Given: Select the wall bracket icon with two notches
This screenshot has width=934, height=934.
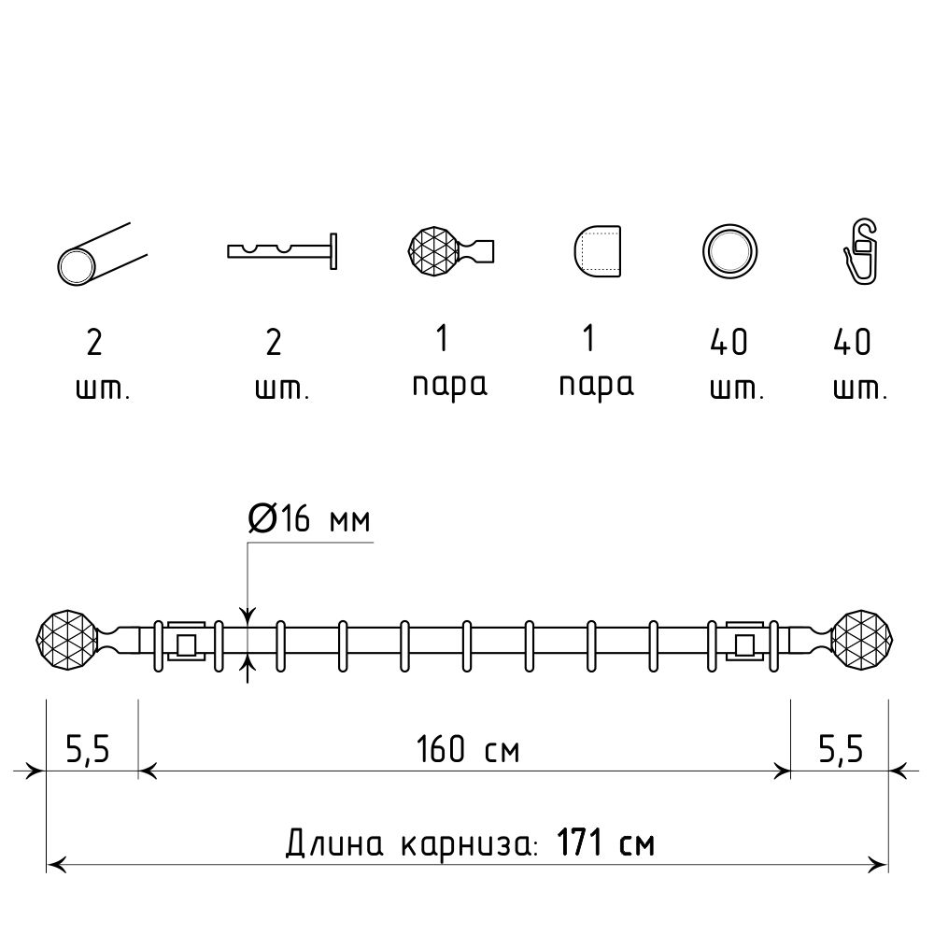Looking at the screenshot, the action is (282, 250).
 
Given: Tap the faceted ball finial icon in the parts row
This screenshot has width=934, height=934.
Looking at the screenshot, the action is (451, 250).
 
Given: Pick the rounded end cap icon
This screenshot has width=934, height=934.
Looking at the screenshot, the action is (598, 251).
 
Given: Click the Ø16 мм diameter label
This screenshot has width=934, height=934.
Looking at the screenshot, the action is (309, 518).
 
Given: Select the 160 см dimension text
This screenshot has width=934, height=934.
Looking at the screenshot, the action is (468, 749).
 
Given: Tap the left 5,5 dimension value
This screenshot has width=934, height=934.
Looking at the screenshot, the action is (88, 749).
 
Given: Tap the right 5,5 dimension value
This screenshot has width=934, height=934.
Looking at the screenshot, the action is (841, 749).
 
